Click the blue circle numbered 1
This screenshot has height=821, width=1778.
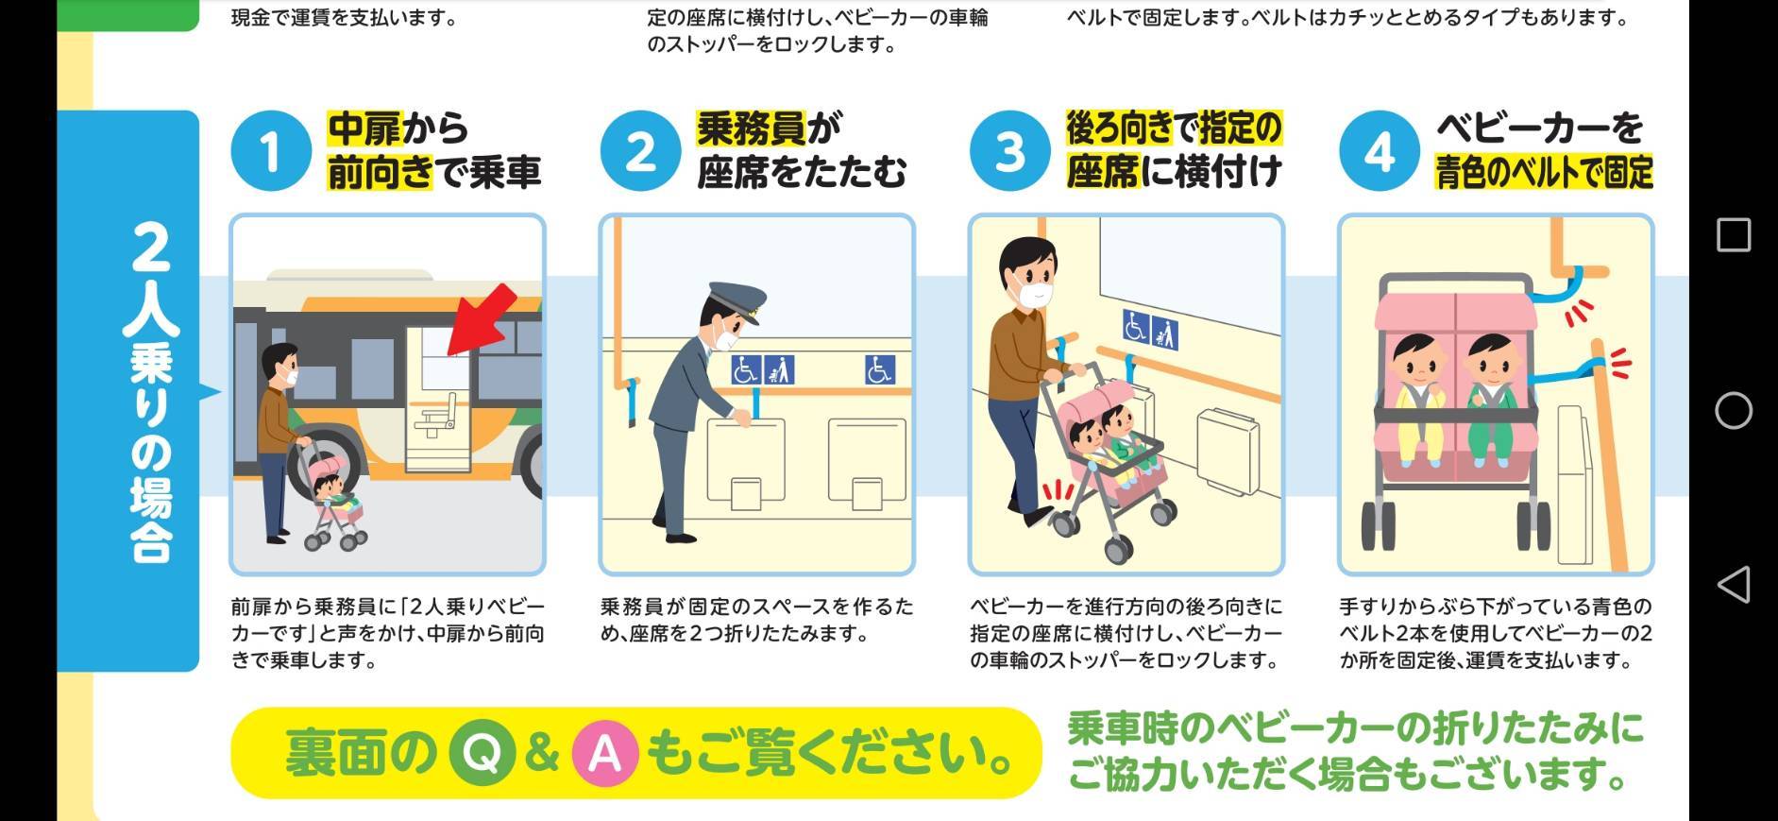(271, 151)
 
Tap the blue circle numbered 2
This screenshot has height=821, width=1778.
(640, 151)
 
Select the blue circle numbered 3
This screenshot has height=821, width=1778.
(1009, 151)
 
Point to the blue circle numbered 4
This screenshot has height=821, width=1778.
(1380, 151)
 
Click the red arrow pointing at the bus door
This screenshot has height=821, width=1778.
(482, 319)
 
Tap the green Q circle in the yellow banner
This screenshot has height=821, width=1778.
(482, 754)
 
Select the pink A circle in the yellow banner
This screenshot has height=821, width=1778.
(604, 754)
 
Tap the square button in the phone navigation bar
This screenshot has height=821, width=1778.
(1733, 234)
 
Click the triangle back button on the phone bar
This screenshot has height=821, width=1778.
(1733, 585)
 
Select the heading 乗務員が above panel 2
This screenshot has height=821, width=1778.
(770, 128)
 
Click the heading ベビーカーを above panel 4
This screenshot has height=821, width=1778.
(1540, 128)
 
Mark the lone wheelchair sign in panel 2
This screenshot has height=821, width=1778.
(879, 369)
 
